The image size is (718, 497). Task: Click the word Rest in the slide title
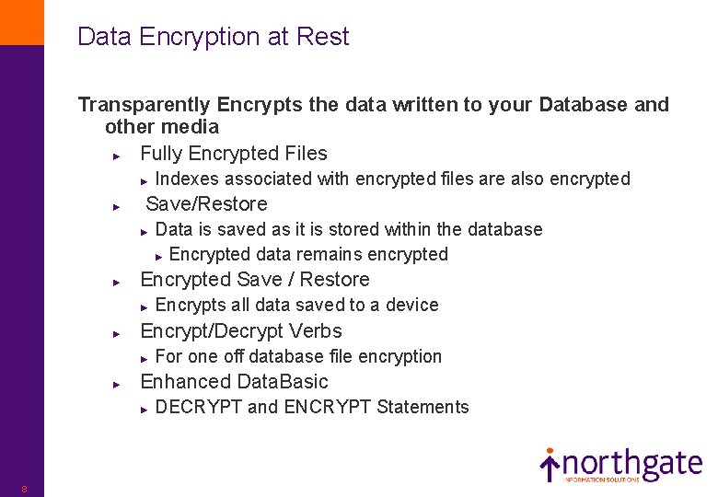[324, 37]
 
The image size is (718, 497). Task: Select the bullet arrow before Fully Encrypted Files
[115, 155]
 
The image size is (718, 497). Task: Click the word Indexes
[188, 179]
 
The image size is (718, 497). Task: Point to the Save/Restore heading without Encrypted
[206, 204]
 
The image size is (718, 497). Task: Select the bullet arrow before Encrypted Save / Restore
[115, 281]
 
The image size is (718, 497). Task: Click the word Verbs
[316, 331]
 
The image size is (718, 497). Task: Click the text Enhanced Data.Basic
[234, 382]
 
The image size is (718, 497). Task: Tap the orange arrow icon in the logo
[550, 464]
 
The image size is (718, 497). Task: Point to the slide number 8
[24, 489]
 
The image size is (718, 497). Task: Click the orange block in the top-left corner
[21, 22]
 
